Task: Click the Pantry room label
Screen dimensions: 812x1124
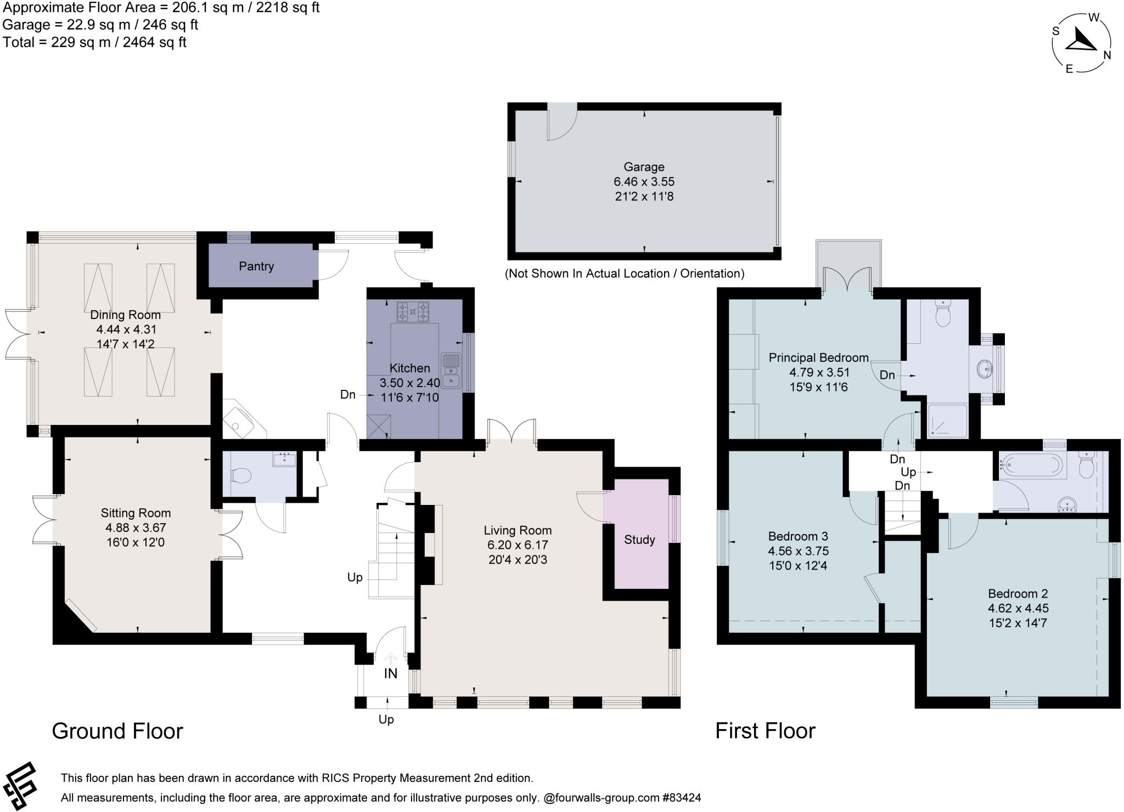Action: tap(256, 266)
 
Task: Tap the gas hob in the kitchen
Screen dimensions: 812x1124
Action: tap(413, 312)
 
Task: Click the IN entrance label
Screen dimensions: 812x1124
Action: tap(390, 674)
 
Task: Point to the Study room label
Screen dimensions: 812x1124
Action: tap(639, 540)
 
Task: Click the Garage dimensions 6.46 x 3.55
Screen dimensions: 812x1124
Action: tap(644, 181)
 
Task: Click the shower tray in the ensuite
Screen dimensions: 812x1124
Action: tap(947, 421)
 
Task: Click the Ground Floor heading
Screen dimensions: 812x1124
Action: tap(117, 731)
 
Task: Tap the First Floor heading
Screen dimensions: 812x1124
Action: tap(765, 731)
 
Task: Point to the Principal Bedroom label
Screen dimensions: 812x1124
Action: tap(818, 358)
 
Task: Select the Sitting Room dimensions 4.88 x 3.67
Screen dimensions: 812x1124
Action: tap(136, 528)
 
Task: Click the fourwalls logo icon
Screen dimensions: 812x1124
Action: tap(20, 786)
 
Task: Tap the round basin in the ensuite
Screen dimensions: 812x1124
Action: tap(985, 370)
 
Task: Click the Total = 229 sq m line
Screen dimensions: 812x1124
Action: tap(94, 42)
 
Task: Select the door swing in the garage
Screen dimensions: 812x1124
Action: tap(561, 123)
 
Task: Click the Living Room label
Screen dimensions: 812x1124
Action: tap(518, 530)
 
